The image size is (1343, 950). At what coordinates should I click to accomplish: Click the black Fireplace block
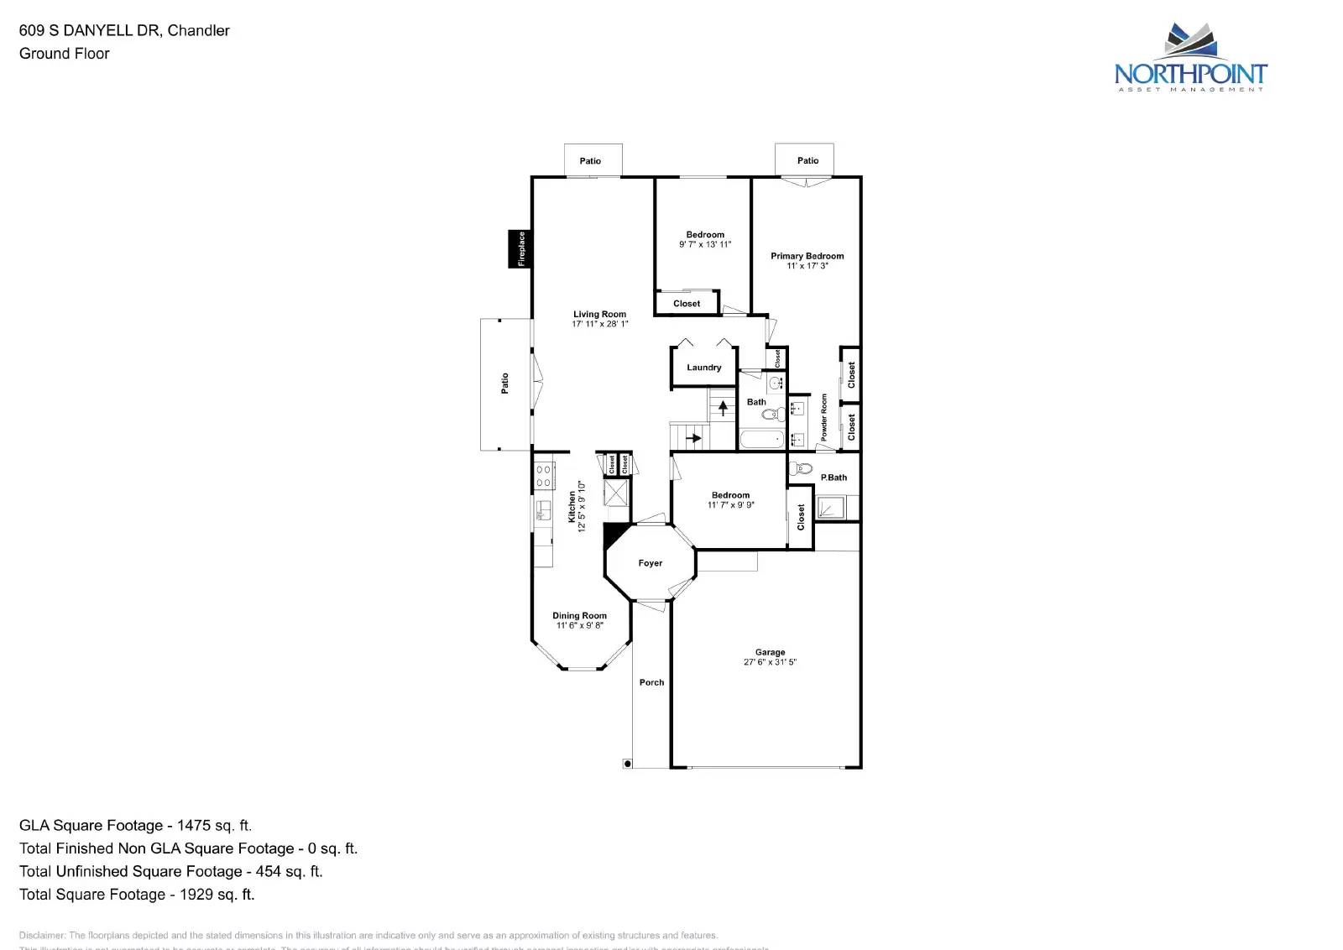coord(520,248)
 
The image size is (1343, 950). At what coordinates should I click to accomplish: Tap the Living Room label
coord(599,314)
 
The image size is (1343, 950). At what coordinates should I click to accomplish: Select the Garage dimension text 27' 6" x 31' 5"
coord(770,662)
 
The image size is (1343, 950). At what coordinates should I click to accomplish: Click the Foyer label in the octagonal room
coord(650,563)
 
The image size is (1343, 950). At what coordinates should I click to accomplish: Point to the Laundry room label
coord(703,368)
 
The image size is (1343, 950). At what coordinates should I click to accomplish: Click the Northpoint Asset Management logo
coord(1190,59)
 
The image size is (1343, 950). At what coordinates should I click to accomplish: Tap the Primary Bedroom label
coord(807,256)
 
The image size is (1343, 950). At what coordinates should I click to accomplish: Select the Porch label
coord(651,682)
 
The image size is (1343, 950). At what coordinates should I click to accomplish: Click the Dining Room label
coord(579,615)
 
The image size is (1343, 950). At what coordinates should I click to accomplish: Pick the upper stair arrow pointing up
coord(723,409)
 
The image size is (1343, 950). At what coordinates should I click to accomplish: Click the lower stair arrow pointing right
coord(694,437)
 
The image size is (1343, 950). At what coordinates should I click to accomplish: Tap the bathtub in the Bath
coord(762,439)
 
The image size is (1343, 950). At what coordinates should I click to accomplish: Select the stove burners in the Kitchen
coord(543,477)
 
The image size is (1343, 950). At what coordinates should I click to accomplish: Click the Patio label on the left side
coord(504,383)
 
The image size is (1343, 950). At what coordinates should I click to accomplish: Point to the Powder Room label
coord(823,417)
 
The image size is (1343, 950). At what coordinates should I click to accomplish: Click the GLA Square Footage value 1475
coord(194,825)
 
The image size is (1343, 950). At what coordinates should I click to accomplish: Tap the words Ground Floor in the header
coord(65,54)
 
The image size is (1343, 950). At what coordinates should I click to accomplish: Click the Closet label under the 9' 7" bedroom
coord(686,304)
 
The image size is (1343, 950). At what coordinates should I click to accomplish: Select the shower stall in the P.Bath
coord(831,508)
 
